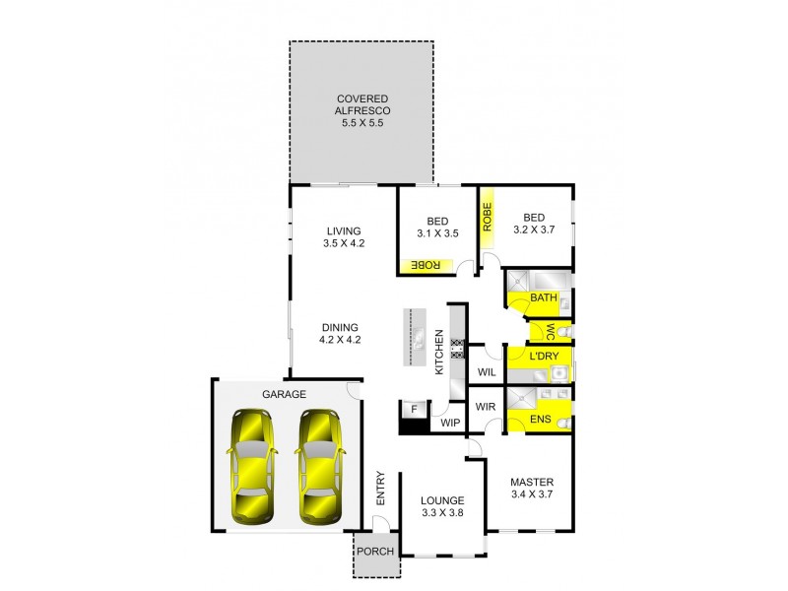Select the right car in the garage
(318, 466)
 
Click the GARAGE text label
(284, 394)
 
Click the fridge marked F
(415, 409)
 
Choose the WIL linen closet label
(486, 372)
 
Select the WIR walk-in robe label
(485, 406)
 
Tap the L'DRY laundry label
(544, 356)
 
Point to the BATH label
(544, 297)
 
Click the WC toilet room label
(550, 330)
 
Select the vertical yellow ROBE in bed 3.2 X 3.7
(487, 216)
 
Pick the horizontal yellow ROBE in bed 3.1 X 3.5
(426, 264)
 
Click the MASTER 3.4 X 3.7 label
(534, 489)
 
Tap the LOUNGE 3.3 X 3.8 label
(441, 506)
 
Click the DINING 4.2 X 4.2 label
(339, 334)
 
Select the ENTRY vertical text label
(379, 490)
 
